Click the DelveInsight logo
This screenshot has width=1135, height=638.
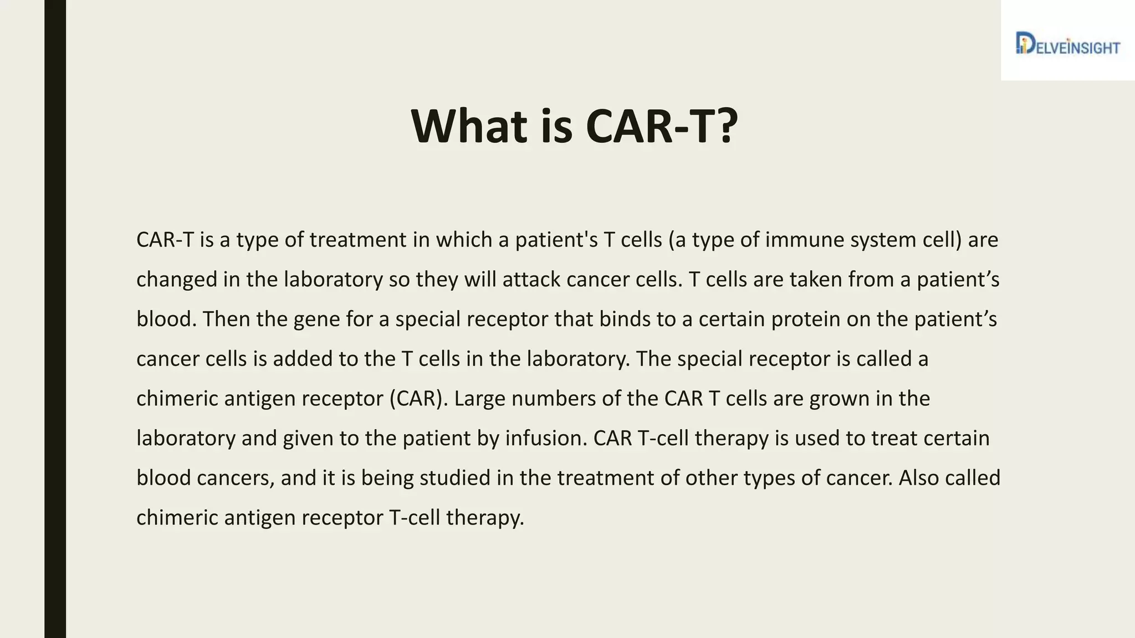(1067, 44)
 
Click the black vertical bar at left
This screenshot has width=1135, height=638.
(55, 319)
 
